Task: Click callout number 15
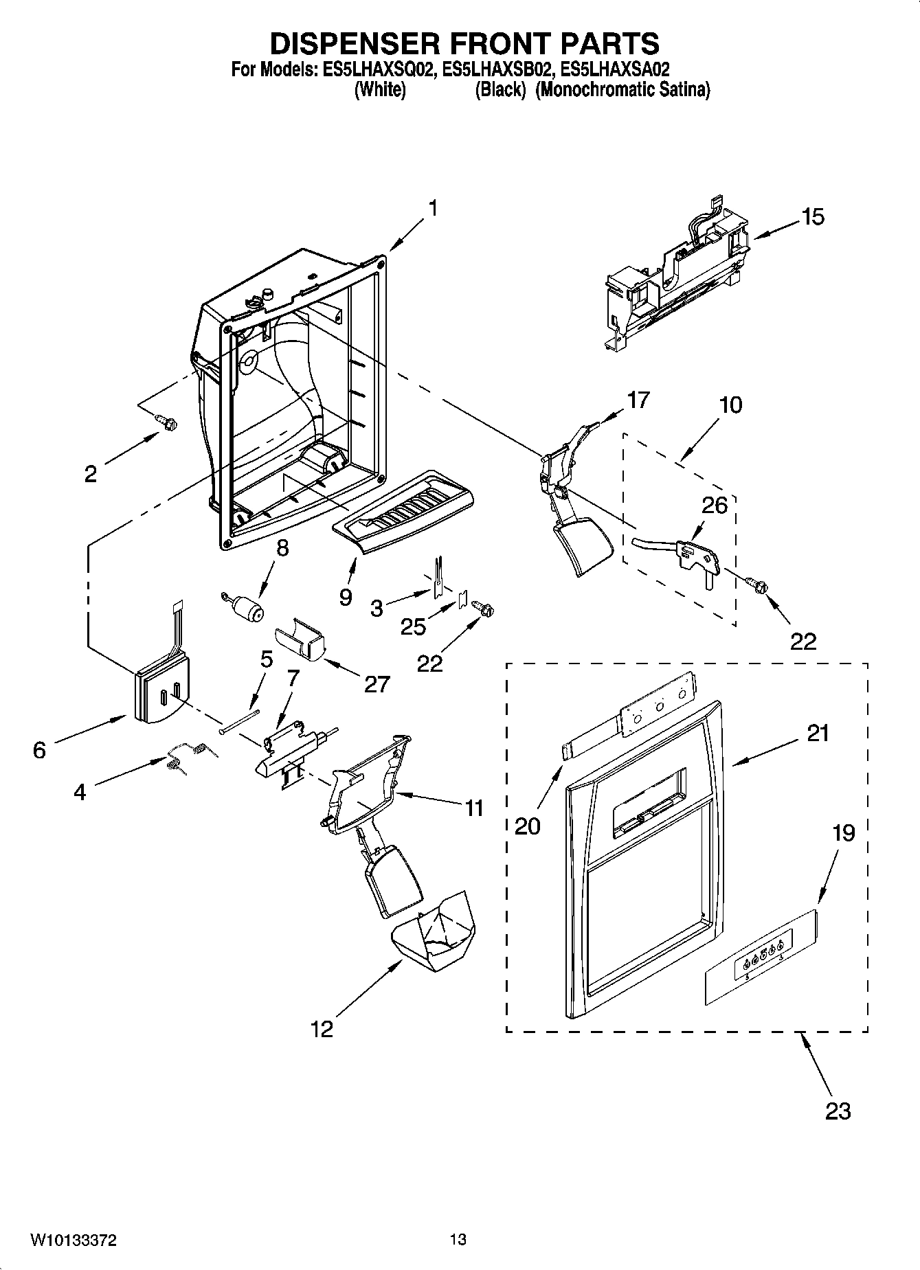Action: [x=812, y=217]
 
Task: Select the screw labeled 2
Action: [x=165, y=422]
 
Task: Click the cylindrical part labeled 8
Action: [x=247, y=607]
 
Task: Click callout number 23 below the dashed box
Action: [x=838, y=1111]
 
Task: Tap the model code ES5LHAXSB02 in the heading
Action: [x=497, y=69]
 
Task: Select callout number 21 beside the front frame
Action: [x=818, y=734]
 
